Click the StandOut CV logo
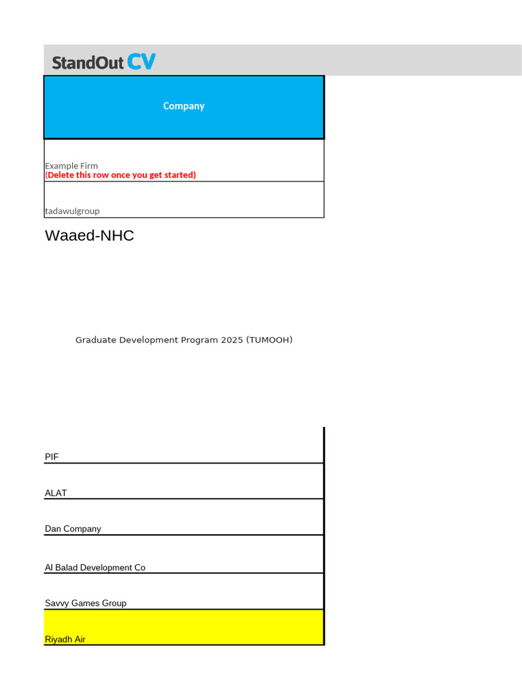coord(103,63)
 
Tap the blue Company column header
coord(184,106)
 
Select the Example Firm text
coord(71,166)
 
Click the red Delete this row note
coord(120,175)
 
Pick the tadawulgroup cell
coord(72,211)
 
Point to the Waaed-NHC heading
coord(89,236)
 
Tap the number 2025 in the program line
coord(232,340)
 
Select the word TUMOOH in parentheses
coord(270,340)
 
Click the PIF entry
coord(52,457)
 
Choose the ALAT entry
coord(56,493)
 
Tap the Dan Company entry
coord(73,529)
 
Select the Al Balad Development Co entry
coord(95,568)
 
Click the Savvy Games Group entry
coord(86,603)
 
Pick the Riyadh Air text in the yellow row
coord(65,640)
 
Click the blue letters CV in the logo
coord(141,63)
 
